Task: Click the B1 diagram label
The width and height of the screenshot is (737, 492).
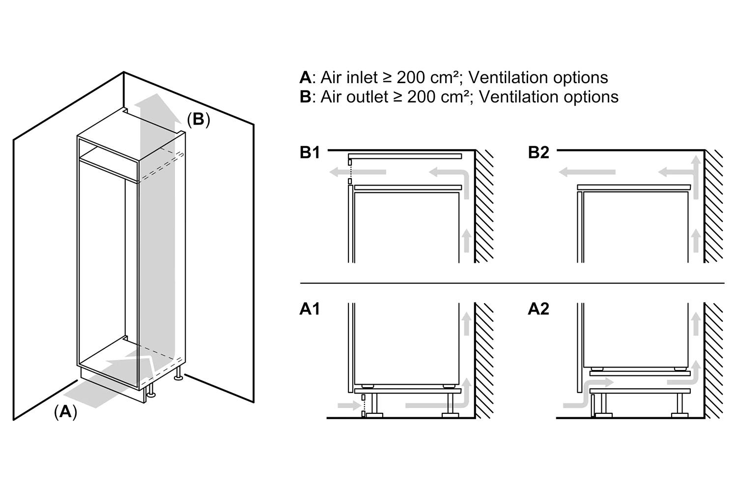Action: coord(310,153)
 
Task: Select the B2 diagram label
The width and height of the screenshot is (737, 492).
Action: coord(538,153)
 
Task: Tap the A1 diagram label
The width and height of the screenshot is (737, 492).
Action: coord(310,309)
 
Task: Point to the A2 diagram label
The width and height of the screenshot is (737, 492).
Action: coord(538,309)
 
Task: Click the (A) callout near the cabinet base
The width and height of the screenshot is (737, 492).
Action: coord(65,411)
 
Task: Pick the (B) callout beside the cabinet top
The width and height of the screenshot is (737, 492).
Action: coord(198,119)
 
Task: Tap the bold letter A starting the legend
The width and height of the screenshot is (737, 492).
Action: coord(305,78)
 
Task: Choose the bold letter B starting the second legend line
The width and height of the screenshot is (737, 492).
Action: coord(305,97)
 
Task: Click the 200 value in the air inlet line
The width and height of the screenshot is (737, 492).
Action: coord(411,78)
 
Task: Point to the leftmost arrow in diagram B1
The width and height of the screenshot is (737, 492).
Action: coord(357,172)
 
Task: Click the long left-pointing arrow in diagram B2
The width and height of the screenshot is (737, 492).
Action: coord(587,172)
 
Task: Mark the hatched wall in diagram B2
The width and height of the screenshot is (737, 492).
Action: coord(713,207)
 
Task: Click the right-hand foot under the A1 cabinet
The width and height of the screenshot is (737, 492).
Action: coord(450,404)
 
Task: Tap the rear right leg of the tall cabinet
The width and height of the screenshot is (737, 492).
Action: coord(178,373)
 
